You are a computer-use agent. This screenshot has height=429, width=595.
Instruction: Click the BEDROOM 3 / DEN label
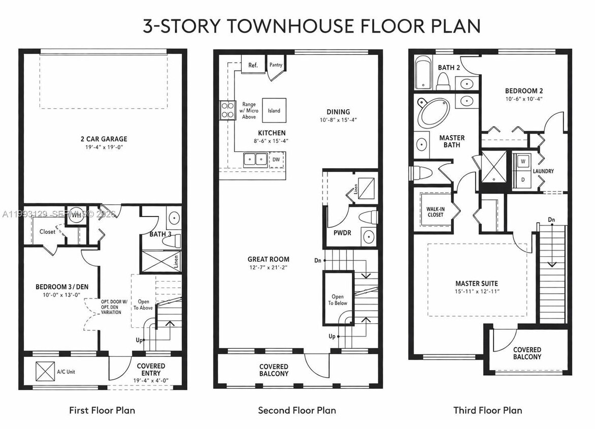(62, 287)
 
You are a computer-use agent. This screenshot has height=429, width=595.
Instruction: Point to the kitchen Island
(274, 110)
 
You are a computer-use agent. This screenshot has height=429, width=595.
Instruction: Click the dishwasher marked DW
(276, 159)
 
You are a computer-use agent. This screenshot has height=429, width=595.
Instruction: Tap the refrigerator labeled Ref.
(253, 65)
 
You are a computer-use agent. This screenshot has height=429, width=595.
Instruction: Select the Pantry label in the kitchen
(276, 65)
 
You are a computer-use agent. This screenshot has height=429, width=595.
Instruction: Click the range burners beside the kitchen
(226, 110)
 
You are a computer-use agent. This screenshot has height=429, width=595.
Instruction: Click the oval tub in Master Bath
(433, 113)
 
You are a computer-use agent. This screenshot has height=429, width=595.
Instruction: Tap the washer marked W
(522, 162)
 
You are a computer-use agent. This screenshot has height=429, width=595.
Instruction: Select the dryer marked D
(522, 179)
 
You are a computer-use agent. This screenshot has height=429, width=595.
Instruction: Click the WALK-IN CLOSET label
(435, 211)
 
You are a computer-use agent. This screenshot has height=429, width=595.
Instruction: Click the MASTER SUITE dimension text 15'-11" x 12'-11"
(477, 292)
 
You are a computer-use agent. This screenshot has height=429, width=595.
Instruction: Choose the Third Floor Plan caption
(487, 410)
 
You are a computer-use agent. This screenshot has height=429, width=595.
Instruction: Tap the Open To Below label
(338, 300)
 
